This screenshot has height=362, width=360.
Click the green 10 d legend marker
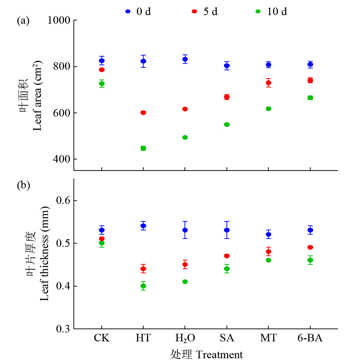[x=258, y=11]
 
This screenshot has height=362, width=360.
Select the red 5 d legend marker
[x=194, y=11]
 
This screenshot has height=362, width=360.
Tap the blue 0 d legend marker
[x=128, y=11]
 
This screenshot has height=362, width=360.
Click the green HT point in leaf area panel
[x=143, y=148]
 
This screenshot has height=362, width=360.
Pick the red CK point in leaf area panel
[x=102, y=70]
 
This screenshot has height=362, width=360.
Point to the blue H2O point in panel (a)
[x=185, y=59]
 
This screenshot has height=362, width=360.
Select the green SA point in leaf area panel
[x=227, y=124]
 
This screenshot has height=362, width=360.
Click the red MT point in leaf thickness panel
[x=269, y=252]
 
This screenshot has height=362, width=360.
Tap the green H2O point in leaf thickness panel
[x=185, y=282]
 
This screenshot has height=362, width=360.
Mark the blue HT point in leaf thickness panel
[x=143, y=226]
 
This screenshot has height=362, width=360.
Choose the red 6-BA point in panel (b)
[x=310, y=247]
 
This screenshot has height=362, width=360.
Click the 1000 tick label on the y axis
[x=59, y=20]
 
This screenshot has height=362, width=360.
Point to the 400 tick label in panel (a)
[x=62, y=159]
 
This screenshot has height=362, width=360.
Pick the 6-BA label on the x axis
[x=310, y=338]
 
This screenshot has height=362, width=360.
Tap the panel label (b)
[x=23, y=185]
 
